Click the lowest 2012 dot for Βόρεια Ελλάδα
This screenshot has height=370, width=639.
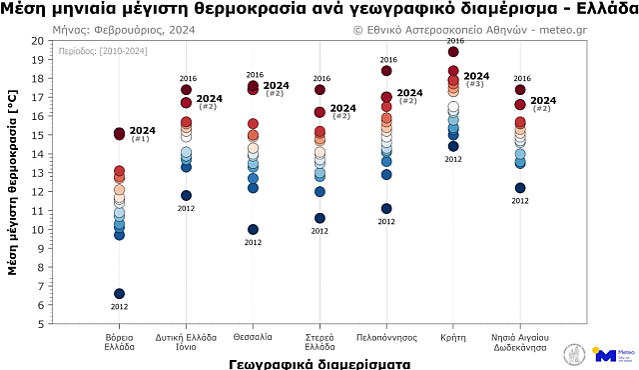click(119, 294)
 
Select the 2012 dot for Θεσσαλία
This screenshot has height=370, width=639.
click(253, 230)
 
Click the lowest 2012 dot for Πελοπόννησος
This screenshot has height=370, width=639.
click(386, 209)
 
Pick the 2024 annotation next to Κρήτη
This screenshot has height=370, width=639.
click(476, 76)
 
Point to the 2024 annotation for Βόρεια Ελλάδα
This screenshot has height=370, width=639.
click(143, 131)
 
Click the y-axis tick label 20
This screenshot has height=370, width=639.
click(37, 40)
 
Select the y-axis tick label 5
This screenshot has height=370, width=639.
click(40, 324)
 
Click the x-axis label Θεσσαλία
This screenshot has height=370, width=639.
click(253, 337)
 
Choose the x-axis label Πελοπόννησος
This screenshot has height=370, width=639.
click(386, 337)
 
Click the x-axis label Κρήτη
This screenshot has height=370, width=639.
click(453, 337)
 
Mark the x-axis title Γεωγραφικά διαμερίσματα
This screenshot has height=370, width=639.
click(319, 362)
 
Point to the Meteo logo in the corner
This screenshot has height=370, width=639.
click(612, 354)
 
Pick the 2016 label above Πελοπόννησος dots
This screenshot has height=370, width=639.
click(387, 60)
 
